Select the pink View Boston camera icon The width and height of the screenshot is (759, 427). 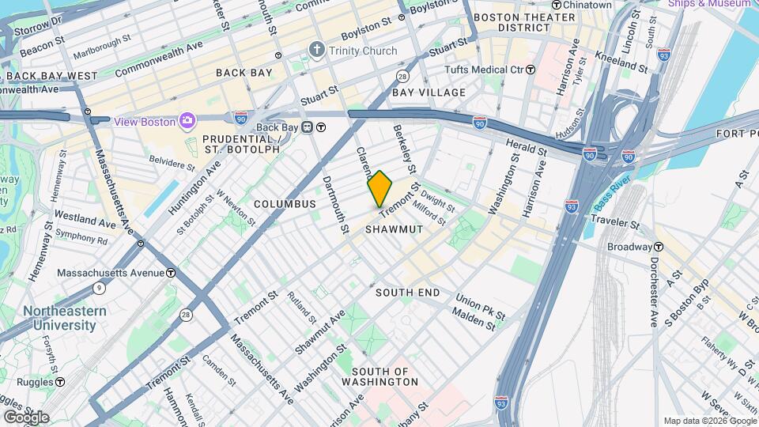pyautogui.click(x=187, y=121)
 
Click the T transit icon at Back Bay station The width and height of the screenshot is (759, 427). pyautogui.click(x=321, y=127)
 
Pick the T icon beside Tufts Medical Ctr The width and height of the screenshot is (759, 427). pyautogui.click(x=531, y=70)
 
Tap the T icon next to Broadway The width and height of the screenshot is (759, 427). pyautogui.click(x=658, y=247)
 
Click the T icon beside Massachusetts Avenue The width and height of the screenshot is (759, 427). pyautogui.click(x=171, y=273)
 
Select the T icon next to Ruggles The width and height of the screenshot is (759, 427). pyautogui.click(x=59, y=382)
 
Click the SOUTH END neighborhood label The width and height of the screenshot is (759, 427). pyautogui.click(x=407, y=293)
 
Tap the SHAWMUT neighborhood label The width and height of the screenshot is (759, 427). pyautogui.click(x=395, y=229)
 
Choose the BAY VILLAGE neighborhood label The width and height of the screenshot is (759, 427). pyautogui.click(x=429, y=93)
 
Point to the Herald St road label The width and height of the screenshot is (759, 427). pyautogui.click(x=527, y=145)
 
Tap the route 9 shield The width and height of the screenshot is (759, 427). pyautogui.click(x=98, y=289)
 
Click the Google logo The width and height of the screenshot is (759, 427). pyautogui.click(x=25, y=417)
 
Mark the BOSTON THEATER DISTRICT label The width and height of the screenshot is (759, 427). pyautogui.click(x=523, y=22)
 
